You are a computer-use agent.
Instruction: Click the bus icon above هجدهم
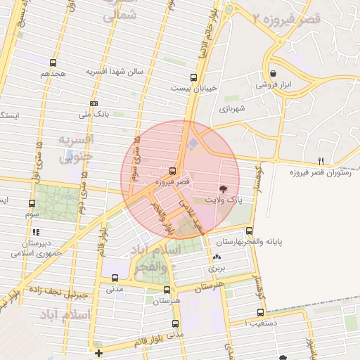click(53, 63)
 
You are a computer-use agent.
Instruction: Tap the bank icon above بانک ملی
click(94, 103)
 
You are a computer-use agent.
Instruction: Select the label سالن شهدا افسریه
click(115, 72)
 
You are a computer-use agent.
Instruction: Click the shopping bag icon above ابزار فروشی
click(273, 73)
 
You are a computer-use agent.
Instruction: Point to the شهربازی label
click(230, 108)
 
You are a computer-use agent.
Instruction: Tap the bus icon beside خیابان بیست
click(193, 77)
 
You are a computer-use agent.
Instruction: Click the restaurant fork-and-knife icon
click(321, 161)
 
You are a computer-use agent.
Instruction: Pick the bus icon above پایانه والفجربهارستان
click(250, 230)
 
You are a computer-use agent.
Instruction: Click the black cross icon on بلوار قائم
click(98, 353)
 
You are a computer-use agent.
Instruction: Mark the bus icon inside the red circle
click(173, 171)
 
